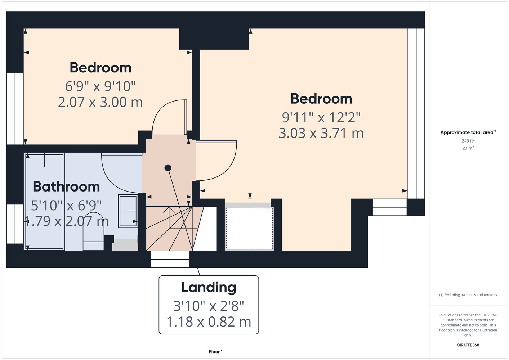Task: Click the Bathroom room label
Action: click(66, 187)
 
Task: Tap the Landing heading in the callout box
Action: click(209, 288)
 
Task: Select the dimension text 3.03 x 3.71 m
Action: click(321, 133)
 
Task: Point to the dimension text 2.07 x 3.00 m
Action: click(101, 102)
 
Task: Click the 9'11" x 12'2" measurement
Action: click(321, 117)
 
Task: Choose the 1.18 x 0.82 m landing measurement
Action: click(209, 322)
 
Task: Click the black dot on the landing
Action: click(168, 168)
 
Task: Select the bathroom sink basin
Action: click(128, 211)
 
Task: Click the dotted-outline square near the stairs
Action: click(249, 229)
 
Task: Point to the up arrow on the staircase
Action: click(169, 217)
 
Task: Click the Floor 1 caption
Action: click(216, 352)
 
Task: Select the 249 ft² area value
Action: click(468, 141)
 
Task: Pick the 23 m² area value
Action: click(468, 148)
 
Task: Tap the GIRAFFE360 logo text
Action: click(468, 345)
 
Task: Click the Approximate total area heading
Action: click(468, 132)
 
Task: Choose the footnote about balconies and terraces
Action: click(468, 295)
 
